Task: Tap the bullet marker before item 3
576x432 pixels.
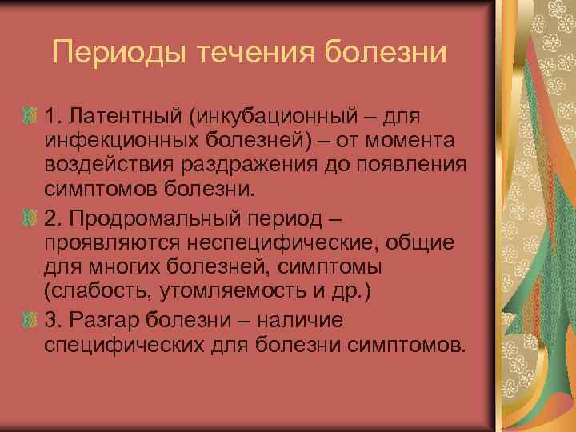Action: pos(30,321)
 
